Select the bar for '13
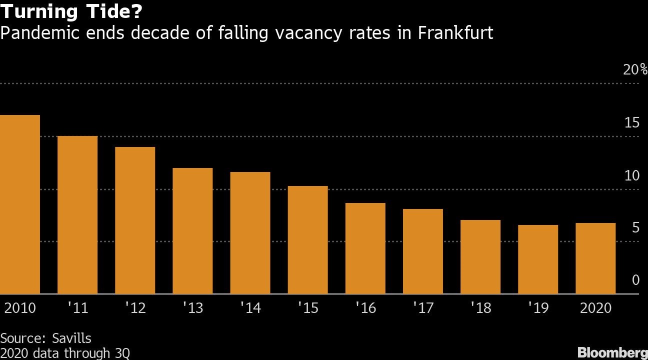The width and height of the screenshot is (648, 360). tap(192, 230)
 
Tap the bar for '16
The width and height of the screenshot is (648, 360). tap(365, 248)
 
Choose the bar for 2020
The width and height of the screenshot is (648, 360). tap(595, 258)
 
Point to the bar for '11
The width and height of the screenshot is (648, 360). tap(77, 214)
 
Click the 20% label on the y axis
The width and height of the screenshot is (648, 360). tap(635, 69)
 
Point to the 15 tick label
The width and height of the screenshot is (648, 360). tap(631, 122)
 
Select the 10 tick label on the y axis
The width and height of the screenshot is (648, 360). tap(631, 175)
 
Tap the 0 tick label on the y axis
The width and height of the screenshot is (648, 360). tap(635, 280)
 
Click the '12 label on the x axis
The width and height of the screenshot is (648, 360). tap(134, 307)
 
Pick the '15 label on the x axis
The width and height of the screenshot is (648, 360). tap(307, 307)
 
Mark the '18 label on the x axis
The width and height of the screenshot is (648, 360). tap(479, 307)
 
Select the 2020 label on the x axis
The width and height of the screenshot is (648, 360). tap(595, 307)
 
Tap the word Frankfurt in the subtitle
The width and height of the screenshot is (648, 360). tap(455, 33)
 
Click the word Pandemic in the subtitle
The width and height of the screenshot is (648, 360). tap(34, 33)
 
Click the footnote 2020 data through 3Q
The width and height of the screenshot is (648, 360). tap(65, 353)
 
